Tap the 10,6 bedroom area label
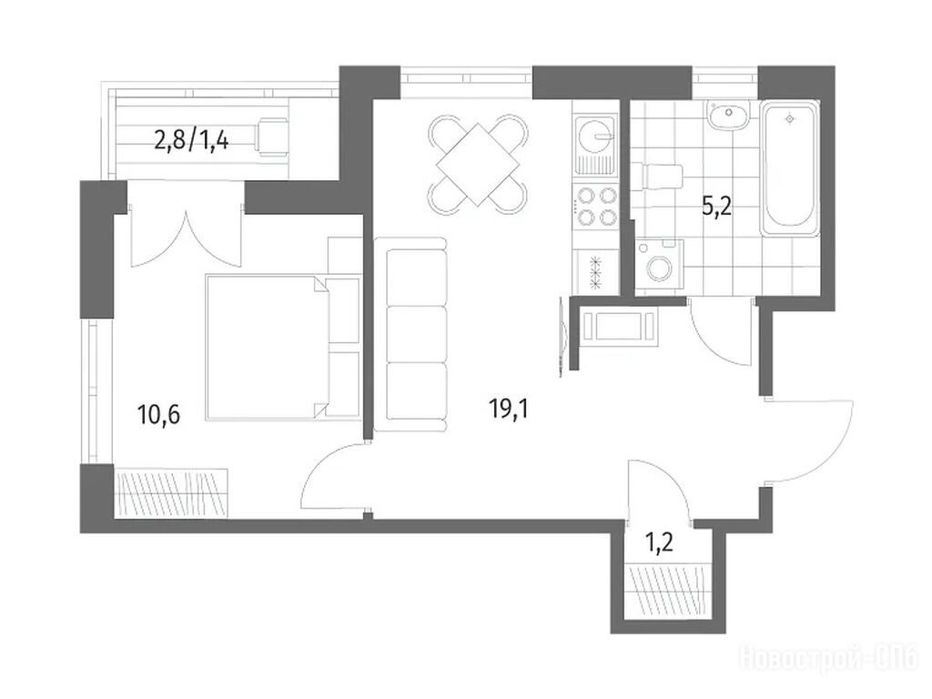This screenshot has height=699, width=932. pyautogui.click(x=158, y=414)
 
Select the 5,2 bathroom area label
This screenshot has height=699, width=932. pyautogui.click(x=717, y=208)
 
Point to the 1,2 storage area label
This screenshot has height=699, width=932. pyautogui.click(x=659, y=542)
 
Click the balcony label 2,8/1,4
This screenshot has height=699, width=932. pyautogui.click(x=191, y=142)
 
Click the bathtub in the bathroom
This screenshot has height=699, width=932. pyautogui.click(x=790, y=169)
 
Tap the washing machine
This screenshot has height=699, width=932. pyautogui.click(x=659, y=265)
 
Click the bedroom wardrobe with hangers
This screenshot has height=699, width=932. pyautogui.click(x=172, y=494)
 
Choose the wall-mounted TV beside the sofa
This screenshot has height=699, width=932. pyautogui.click(x=562, y=337)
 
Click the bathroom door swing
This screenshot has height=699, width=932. pyautogui.click(x=721, y=333)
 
